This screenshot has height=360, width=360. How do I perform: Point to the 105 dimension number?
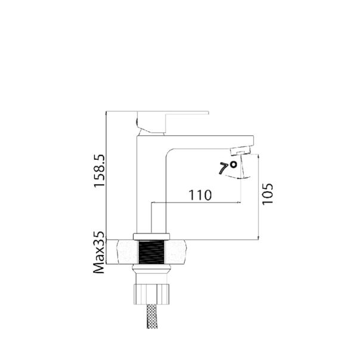coord(268,194)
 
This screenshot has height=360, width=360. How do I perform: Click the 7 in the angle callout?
coord(225,169)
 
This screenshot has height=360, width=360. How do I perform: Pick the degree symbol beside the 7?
coord(234,163)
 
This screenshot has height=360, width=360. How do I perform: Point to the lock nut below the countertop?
coord(152,292)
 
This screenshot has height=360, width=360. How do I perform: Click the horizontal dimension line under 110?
coord(197,203)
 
